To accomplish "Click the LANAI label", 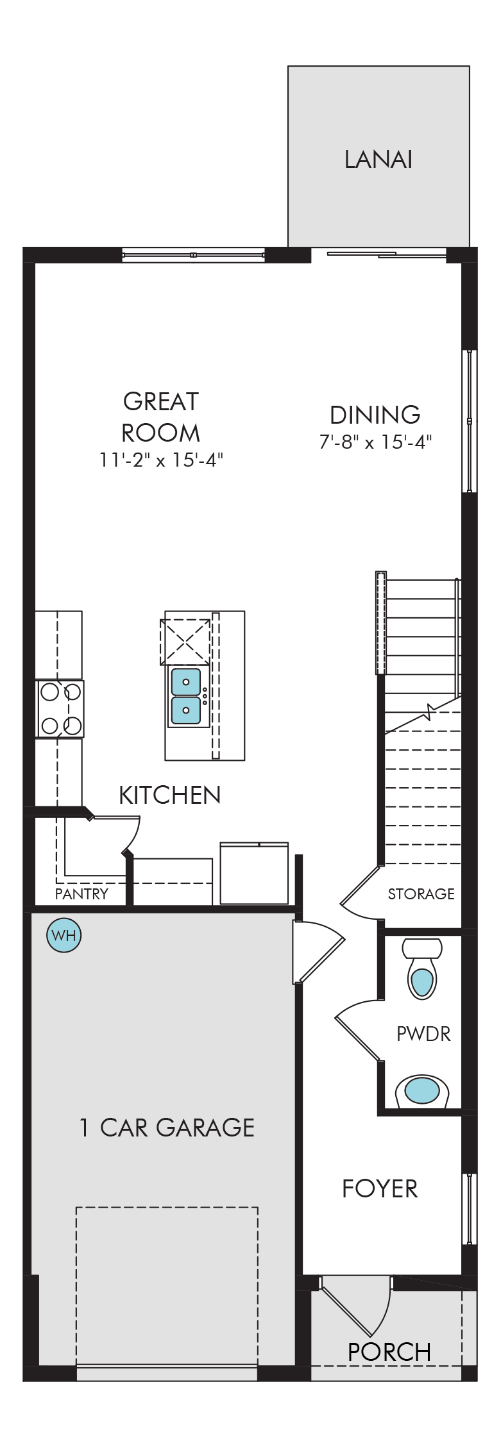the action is click(378, 160).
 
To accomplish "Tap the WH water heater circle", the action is click(64, 935).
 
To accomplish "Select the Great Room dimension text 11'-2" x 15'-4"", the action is click(161, 460).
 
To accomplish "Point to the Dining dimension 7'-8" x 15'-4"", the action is click(375, 442).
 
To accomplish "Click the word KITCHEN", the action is click(170, 795).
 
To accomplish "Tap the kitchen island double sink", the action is click(186, 696).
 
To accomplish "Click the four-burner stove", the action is click(60, 709).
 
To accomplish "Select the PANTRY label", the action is click(81, 894).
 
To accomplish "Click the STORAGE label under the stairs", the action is click(421, 894).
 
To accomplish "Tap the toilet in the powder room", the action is click(422, 969).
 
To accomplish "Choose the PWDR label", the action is click(423, 1033).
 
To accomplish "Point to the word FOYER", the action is click(380, 1188).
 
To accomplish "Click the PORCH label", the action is click(389, 1352).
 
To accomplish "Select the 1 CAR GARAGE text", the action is click(167, 1128).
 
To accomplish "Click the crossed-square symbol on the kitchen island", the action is click(185, 642).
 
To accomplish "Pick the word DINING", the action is click(375, 415).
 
